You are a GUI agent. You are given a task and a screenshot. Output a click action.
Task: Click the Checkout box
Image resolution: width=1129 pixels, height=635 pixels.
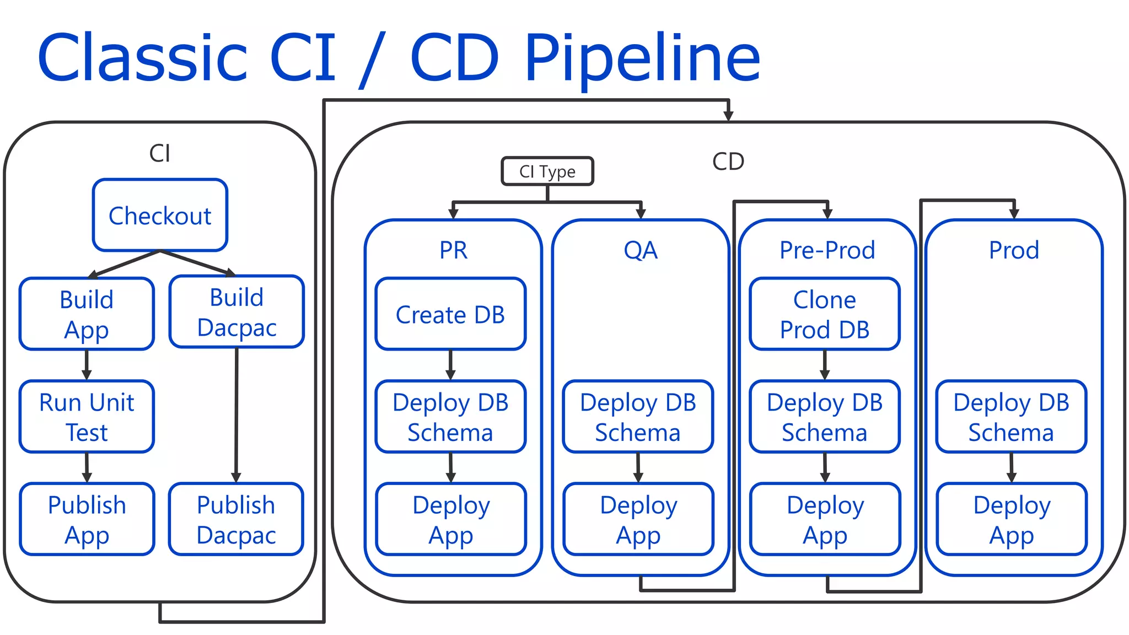pyautogui.click(x=160, y=215)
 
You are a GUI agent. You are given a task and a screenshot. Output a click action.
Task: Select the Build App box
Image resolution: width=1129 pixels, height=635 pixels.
pyautogui.click(x=87, y=314)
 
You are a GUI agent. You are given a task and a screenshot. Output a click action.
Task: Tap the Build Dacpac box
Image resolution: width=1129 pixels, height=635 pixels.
pyautogui.click(x=236, y=311)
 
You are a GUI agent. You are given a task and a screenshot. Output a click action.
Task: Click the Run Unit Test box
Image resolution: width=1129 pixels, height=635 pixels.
pyautogui.click(x=87, y=417)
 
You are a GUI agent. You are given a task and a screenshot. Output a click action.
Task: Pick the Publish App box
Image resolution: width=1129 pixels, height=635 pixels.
pyautogui.click(x=87, y=519)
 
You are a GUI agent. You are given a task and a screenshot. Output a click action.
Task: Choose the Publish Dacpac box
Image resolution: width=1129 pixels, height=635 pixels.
pyautogui.click(x=236, y=519)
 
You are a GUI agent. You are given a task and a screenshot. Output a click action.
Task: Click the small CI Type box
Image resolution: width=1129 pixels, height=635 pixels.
pyautogui.click(x=547, y=171)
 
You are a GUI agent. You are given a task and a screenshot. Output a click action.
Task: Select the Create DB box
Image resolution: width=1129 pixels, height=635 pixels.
pyautogui.click(x=450, y=314)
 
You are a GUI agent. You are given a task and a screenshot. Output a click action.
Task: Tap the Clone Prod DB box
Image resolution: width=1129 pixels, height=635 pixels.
pyautogui.click(x=825, y=314)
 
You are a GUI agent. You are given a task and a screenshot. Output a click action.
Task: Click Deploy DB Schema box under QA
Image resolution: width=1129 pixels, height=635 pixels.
pyautogui.click(x=638, y=417)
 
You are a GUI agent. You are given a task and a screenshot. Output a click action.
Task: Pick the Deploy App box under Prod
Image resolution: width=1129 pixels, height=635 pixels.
pyautogui.click(x=1012, y=519)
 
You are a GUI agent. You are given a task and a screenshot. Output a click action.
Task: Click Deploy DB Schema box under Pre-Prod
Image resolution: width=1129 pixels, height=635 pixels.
pyautogui.click(x=825, y=417)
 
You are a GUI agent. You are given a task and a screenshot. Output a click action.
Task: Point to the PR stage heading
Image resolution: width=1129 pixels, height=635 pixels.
pyautogui.click(x=453, y=250)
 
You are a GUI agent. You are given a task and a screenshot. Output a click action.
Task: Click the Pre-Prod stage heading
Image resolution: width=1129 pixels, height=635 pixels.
pyautogui.click(x=827, y=250)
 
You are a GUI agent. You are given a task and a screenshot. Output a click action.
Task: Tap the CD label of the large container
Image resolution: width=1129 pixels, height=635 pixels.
pyautogui.click(x=728, y=162)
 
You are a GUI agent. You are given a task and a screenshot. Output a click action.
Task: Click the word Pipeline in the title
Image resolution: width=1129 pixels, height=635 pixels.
pyautogui.click(x=642, y=58)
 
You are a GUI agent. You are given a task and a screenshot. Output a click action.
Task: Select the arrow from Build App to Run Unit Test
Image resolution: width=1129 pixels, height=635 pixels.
pyautogui.click(x=87, y=364)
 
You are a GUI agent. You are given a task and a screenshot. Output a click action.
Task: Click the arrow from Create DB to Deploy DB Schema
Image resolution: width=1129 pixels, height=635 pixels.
pyautogui.click(x=450, y=364)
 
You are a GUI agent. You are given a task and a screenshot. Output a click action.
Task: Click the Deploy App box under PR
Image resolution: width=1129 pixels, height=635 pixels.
pyautogui.click(x=451, y=519)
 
